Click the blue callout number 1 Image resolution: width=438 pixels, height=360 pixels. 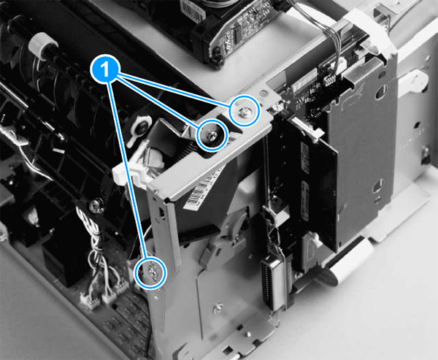click(105, 69)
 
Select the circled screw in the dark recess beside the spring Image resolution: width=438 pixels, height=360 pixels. click(211, 135)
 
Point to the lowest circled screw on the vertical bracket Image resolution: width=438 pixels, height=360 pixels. click(151, 272)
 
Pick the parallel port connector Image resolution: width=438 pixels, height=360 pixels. click(272, 285)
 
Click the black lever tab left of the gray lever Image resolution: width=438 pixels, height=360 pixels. click(199, 234)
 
